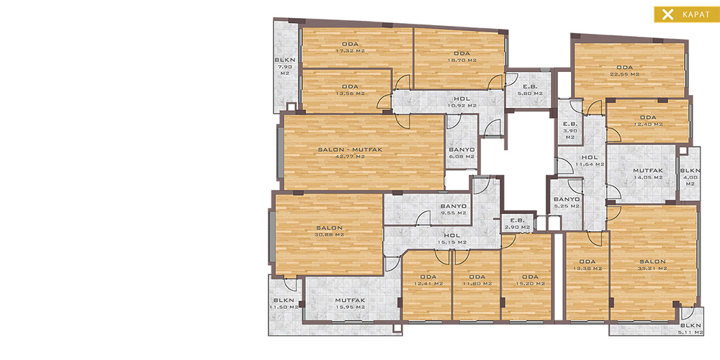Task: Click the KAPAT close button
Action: (686, 14)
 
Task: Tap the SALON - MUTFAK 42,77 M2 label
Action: (351, 153)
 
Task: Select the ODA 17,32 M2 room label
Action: (351, 48)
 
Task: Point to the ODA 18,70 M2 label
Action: (462, 56)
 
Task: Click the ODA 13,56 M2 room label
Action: (351, 90)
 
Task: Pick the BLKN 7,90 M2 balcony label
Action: (285, 66)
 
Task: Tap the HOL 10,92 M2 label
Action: (462, 102)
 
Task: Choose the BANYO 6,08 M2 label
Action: (462, 153)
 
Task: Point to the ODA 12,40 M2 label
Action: (648, 121)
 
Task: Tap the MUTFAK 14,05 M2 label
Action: (648, 174)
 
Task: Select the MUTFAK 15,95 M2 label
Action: (351, 304)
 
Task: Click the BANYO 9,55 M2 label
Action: (453, 210)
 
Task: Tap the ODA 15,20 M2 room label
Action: (530, 280)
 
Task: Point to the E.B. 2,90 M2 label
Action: (518, 224)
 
